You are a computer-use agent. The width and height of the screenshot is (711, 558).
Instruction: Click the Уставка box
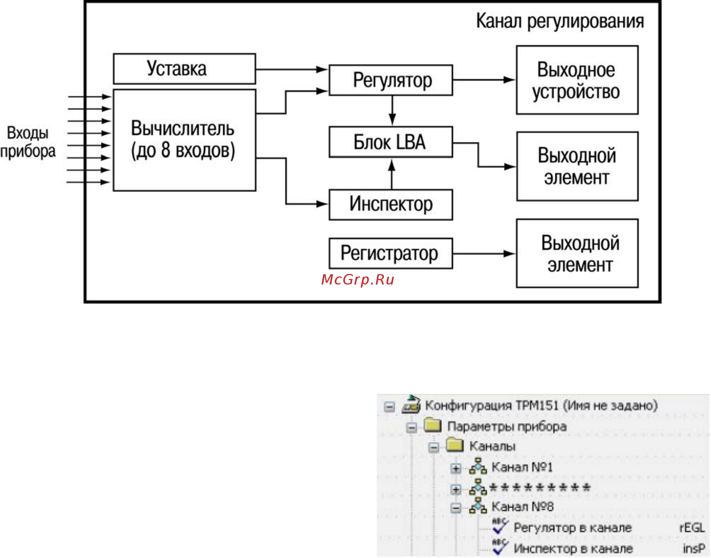[x=184, y=69]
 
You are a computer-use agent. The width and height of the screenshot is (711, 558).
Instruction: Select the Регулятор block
[x=391, y=80]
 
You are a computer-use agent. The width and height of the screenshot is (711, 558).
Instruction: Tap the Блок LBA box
[x=391, y=142]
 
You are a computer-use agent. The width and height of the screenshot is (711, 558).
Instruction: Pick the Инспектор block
[x=391, y=205]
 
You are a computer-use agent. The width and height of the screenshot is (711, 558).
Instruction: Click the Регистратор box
[x=391, y=254]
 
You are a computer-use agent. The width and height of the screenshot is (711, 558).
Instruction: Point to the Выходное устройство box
[x=577, y=80]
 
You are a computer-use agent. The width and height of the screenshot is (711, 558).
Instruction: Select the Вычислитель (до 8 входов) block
[x=184, y=140]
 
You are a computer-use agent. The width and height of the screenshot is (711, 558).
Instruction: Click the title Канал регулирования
[x=560, y=21]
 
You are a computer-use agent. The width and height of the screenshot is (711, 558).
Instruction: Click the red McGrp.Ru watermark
[x=358, y=280]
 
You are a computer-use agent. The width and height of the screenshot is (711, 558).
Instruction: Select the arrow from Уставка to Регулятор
[x=292, y=69]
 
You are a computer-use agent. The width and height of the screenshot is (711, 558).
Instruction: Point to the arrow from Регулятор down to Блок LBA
[x=392, y=111]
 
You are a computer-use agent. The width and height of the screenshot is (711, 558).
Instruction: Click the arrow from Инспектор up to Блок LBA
[x=392, y=174]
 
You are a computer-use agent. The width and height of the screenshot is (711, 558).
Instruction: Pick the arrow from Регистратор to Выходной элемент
[x=484, y=254]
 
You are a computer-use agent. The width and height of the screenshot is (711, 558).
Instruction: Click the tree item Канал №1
[x=522, y=467]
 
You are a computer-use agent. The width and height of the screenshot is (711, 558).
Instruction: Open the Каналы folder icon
[x=455, y=445]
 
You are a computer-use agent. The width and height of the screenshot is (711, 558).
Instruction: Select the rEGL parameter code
[x=692, y=528]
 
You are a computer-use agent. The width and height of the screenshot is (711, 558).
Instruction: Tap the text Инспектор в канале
[x=573, y=548]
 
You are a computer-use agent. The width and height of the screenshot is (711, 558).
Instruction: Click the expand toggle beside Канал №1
[x=456, y=468]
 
